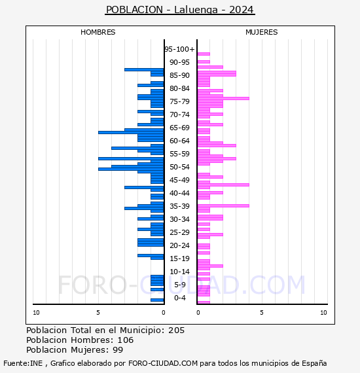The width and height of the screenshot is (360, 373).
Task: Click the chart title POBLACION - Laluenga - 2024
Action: coord(180,10)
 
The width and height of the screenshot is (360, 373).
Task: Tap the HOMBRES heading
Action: coord(98,32)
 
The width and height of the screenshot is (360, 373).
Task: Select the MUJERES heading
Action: coord(262,32)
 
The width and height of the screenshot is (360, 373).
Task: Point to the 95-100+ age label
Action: coord(179,49)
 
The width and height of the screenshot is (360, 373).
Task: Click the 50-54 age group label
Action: coord(179,167)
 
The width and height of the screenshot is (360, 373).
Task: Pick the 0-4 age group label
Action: coord(180,298)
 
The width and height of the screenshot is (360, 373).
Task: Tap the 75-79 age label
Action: coord(179,101)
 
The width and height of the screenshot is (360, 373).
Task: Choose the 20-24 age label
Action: coord(179,245)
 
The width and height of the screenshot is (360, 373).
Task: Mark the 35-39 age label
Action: coord(179,206)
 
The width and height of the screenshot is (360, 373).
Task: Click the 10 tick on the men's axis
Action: coord(36,313)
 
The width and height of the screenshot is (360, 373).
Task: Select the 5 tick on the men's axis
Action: coord(98,313)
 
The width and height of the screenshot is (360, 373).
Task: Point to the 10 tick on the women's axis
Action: coord(323,313)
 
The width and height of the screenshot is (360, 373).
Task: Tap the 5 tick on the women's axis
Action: coord(262,313)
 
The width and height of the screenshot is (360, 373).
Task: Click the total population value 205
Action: coord(176,330)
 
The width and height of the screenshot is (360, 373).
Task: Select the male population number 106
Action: coord(126,340)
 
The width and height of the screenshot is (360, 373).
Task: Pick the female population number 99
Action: coord(118,349)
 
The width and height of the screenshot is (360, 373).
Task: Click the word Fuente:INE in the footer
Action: coord(23,363)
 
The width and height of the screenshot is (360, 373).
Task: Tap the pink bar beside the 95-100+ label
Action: coord(204,54)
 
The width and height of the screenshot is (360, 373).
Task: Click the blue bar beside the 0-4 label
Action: coord(157,300)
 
